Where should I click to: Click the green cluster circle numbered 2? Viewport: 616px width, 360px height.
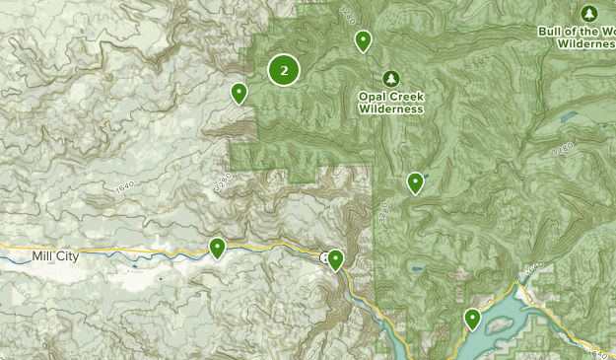[x=284, y=70]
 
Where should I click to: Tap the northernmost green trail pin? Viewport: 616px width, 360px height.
[x=363, y=40]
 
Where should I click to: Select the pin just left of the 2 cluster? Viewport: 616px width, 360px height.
[x=239, y=93]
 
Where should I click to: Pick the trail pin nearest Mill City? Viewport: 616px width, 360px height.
[x=217, y=248]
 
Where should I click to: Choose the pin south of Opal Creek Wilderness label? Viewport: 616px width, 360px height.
[x=416, y=181]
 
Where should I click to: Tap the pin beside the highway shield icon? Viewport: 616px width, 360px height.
[x=335, y=259]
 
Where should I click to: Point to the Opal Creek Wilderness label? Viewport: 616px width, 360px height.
[x=391, y=103]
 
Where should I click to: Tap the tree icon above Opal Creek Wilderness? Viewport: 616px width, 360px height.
[x=391, y=79]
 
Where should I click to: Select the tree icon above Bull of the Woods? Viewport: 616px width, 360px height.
[x=589, y=13]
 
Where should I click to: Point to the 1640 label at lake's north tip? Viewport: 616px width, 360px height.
[x=533, y=269]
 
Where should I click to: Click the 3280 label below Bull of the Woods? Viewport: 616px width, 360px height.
[x=561, y=151]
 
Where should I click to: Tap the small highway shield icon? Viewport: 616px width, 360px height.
[x=324, y=257]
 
